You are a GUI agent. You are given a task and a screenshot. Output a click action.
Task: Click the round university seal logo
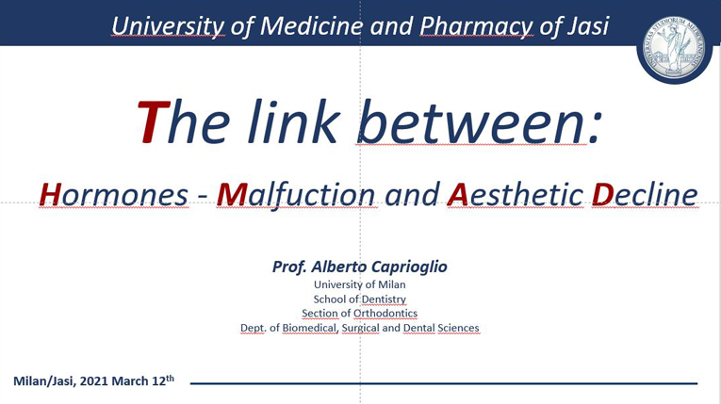point(674,49)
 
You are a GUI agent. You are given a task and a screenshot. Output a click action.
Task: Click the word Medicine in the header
point(311,25)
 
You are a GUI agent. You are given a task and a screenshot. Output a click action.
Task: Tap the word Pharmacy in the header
point(476,27)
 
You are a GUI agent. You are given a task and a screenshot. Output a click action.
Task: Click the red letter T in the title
point(153,122)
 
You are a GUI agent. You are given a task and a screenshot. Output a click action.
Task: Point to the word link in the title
point(292,121)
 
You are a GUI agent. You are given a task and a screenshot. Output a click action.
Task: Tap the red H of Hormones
point(51,194)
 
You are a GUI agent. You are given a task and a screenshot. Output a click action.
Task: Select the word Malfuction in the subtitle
point(296,195)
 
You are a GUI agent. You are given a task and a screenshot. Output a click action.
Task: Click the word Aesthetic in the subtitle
point(516,194)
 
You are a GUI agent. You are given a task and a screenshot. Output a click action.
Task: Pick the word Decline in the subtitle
point(645,194)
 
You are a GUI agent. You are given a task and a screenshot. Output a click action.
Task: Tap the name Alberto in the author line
point(339,267)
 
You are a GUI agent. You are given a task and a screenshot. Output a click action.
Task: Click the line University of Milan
point(360,284)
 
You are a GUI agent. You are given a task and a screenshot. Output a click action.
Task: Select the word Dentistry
point(383,299)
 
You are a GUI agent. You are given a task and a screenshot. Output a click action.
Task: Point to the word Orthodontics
point(385,313)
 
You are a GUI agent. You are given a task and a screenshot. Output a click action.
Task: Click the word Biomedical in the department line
point(309,328)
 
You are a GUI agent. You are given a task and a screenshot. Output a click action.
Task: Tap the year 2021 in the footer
point(94,381)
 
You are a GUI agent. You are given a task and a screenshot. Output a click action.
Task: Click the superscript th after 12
point(171,379)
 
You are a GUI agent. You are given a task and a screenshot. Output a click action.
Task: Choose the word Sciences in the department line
point(458,328)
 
